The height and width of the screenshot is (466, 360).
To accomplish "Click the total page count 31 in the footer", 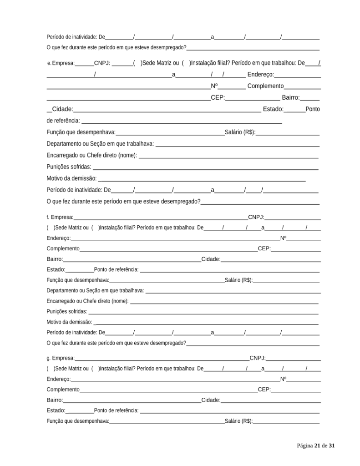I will (331, 446).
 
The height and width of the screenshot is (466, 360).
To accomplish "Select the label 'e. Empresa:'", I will (61, 63).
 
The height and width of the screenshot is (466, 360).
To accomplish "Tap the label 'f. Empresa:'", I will (60, 218).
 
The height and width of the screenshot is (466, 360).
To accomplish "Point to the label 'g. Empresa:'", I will (61, 358).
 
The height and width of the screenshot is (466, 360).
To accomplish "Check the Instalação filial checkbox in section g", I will (96, 368).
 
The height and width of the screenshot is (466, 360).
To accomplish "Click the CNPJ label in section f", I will (256, 218).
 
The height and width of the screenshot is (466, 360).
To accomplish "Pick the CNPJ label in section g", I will (257, 358).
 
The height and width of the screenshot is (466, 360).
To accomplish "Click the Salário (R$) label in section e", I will (240, 132).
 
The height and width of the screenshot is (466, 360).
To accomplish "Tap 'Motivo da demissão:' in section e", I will (71, 178).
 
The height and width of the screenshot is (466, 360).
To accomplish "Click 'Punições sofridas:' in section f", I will (67, 312).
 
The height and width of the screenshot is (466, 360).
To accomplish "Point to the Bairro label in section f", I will (55, 259).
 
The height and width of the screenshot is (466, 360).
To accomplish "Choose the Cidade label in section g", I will (211, 400).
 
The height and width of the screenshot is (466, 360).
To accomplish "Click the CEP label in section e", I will (218, 97).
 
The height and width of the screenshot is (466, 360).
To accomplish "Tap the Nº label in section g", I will (283, 379).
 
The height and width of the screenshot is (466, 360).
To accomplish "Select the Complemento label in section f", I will (63, 248).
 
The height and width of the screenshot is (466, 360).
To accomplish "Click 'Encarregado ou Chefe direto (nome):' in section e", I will (92, 155).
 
